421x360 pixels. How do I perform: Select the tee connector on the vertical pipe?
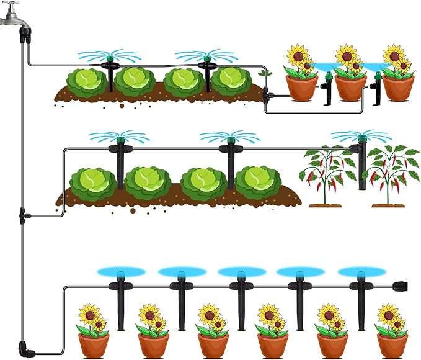pyautogui.click(x=23, y=217)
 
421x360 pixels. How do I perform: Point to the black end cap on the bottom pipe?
pyautogui.click(x=401, y=287)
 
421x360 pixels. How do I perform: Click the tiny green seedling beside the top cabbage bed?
pyautogui.click(x=266, y=73)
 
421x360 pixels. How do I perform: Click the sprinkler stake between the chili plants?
pyautogui.click(x=361, y=164)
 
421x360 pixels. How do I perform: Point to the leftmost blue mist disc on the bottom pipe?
pyautogui.click(x=121, y=272)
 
